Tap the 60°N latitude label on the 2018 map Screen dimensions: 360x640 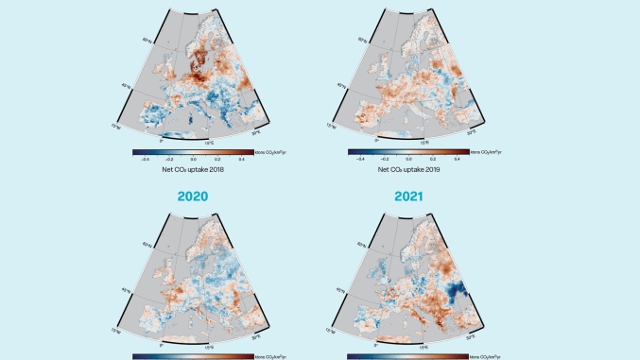click(147, 42)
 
